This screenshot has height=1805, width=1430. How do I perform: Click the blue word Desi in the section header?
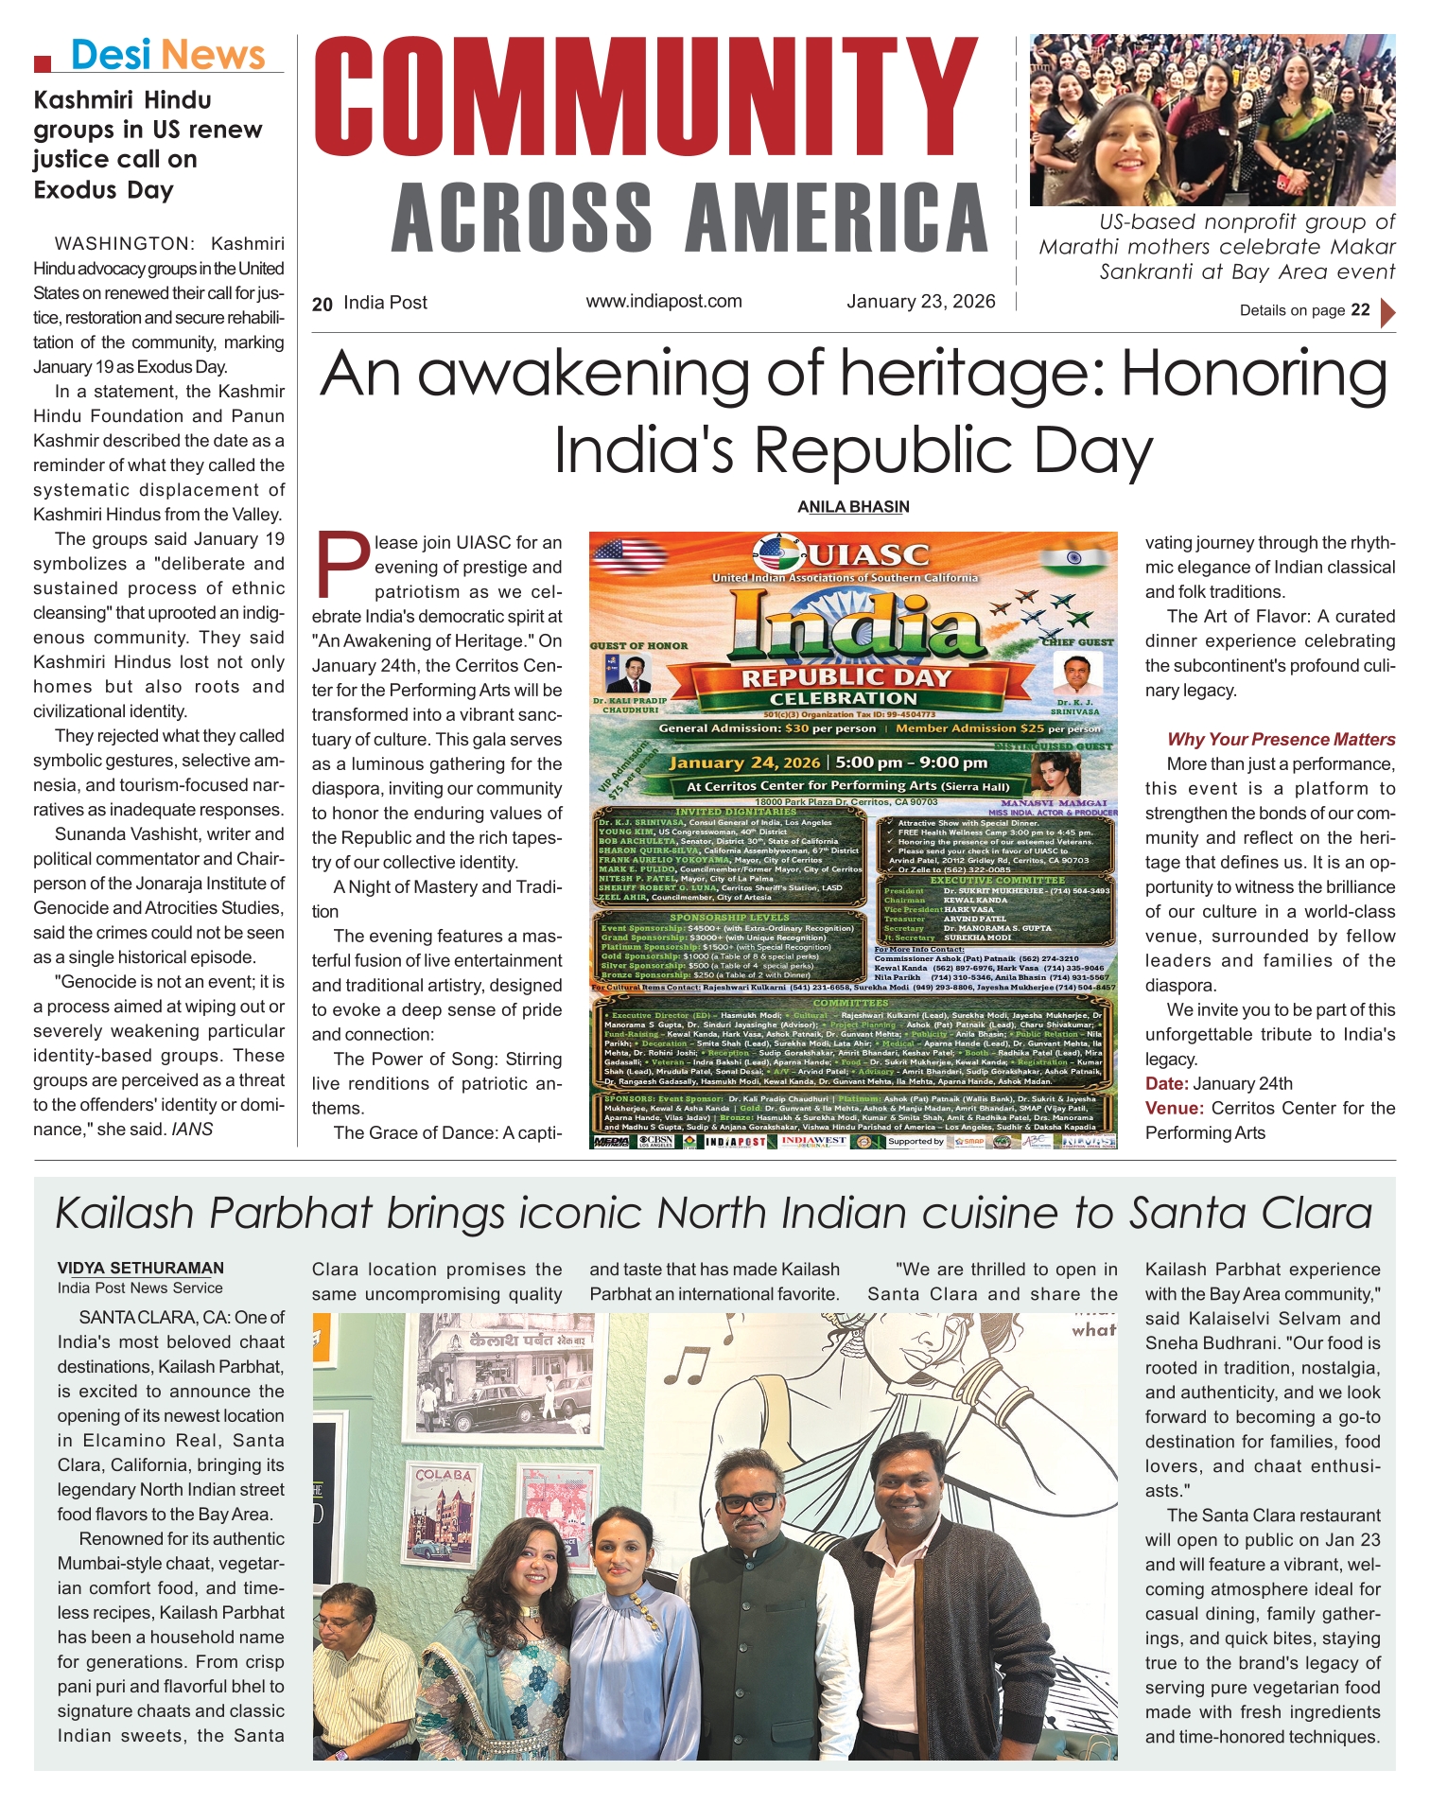[x=111, y=55]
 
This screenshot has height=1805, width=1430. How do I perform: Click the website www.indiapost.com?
[x=664, y=301]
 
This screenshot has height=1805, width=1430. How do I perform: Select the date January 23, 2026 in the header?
[x=920, y=301]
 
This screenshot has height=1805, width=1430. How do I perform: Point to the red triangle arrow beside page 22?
[x=1387, y=311]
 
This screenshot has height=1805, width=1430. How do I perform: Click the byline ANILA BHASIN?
[x=853, y=507]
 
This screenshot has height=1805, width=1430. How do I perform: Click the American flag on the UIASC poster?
[x=616, y=555]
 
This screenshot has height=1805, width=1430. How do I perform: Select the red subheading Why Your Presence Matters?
[x=1281, y=740]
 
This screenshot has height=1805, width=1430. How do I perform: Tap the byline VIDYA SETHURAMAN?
[x=140, y=1269]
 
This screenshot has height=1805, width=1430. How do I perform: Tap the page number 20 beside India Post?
[x=323, y=304]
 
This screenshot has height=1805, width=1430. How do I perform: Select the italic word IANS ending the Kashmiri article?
[x=192, y=1129]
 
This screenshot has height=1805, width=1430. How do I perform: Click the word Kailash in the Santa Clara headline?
[x=125, y=1213]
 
